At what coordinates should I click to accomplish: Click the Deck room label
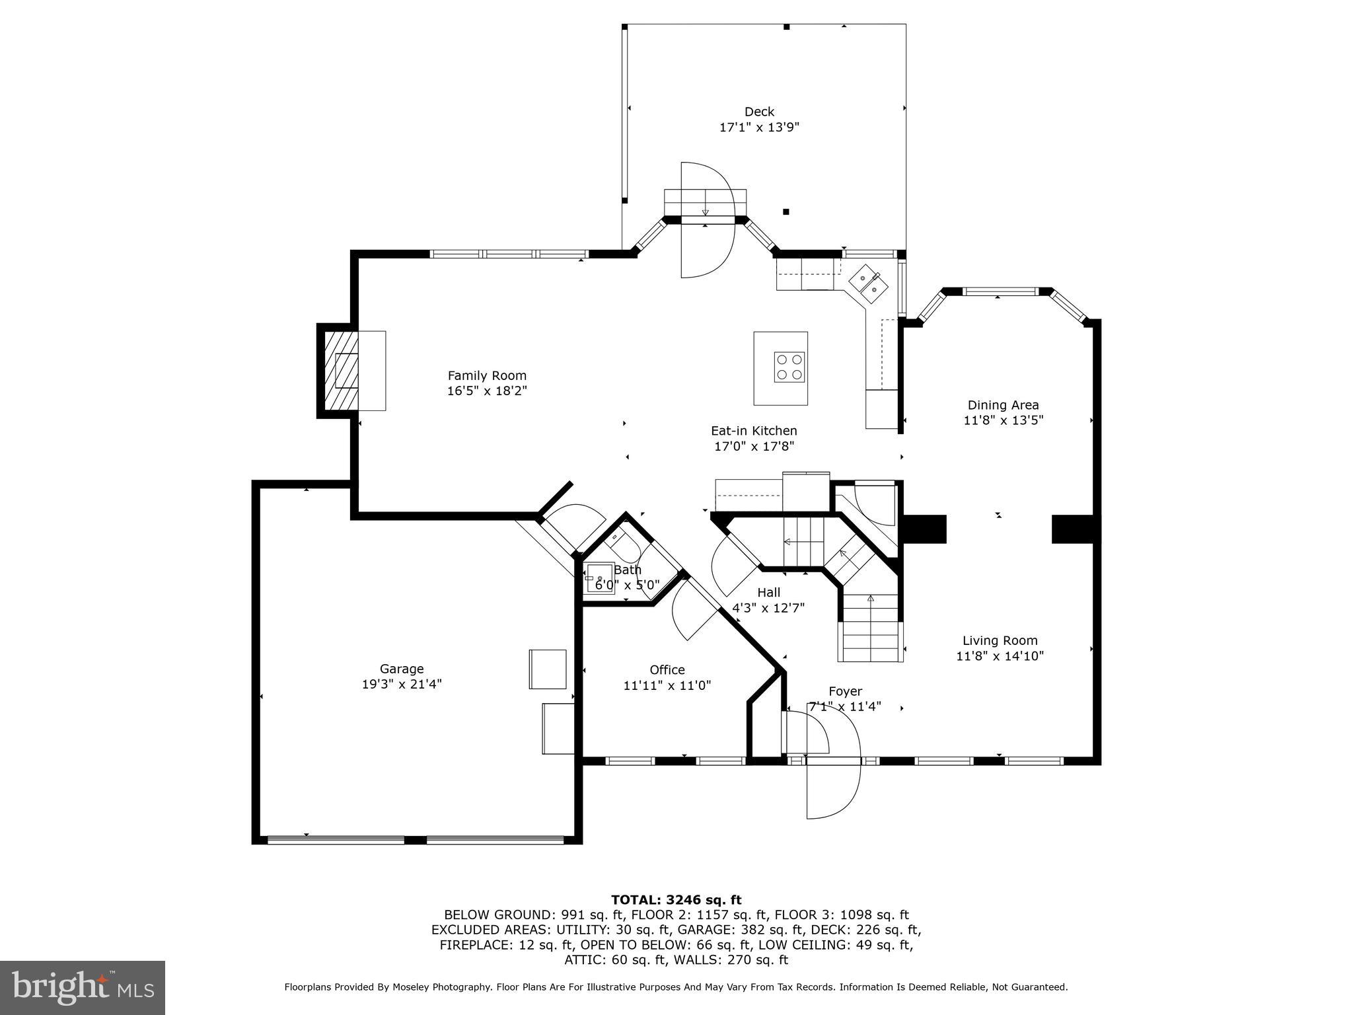pos(758,112)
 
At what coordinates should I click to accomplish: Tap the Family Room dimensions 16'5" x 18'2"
pos(486,391)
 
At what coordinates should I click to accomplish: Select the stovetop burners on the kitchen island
pos(789,367)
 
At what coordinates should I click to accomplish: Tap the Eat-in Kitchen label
pos(754,431)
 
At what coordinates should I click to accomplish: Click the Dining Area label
pos(1003,405)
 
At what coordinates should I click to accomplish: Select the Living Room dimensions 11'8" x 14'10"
pos(1000,656)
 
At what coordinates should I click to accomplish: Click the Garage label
pos(401,669)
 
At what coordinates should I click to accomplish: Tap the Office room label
pos(667,670)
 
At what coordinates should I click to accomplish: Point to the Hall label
pos(768,593)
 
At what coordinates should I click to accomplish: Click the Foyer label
pos(845,691)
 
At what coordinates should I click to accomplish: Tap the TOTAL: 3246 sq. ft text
pos(676,899)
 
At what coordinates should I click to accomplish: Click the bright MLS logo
pos(83,987)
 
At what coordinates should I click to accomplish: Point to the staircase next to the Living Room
pos(871,628)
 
